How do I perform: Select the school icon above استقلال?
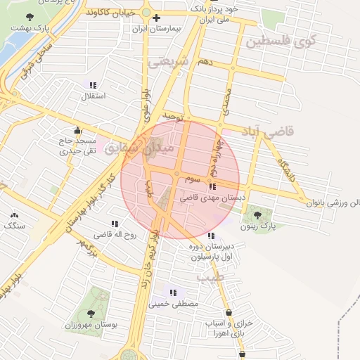click(x=93, y=84)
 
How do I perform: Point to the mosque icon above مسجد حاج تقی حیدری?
click(x=77, y=130)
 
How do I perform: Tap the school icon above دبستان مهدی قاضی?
click(x=212, y=186)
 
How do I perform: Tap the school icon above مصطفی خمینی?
click(x=173, y=292)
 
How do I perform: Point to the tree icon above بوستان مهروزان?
click(x=91, y=312)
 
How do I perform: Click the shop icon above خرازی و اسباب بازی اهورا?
click(x=229, y=313)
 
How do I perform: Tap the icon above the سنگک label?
click(x=13, y=215)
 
